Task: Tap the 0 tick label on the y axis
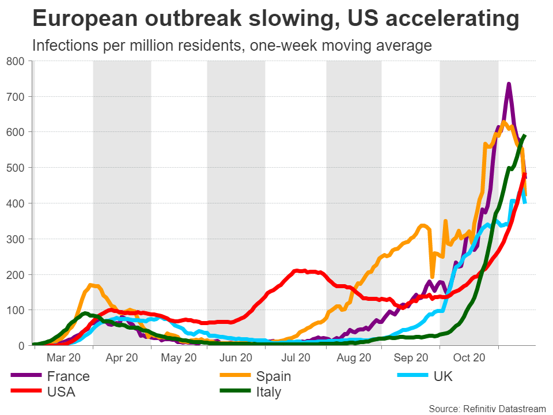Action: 25,346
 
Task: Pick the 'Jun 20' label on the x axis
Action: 236,357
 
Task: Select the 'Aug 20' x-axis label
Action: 354,357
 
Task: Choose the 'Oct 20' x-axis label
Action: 468,357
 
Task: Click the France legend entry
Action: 68,376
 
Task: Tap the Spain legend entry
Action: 274,376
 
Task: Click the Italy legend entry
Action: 268,393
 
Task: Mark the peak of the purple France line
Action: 509,85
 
